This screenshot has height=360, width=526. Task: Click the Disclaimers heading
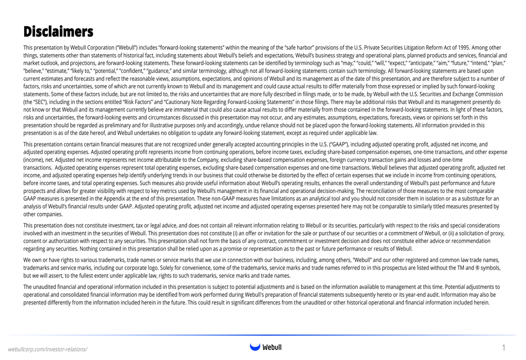[58, 32]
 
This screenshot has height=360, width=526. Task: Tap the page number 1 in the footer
[503, 348]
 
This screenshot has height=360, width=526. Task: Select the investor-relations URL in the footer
[47, 349]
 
